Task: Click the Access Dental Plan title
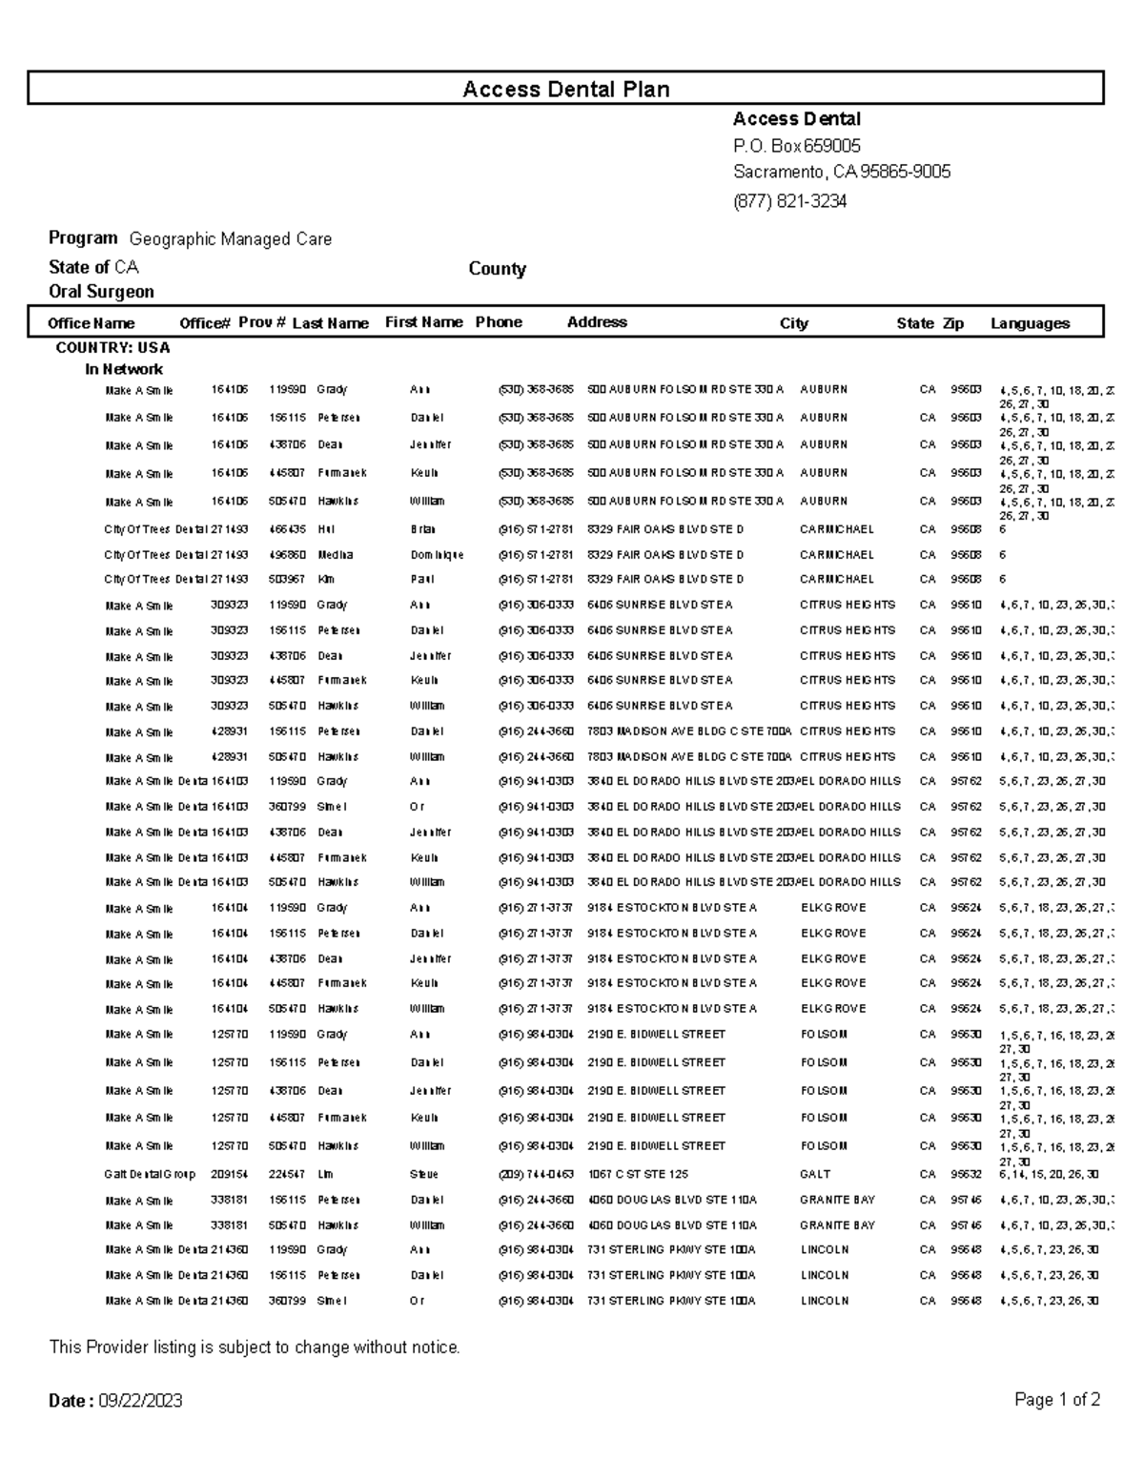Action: point(565,89)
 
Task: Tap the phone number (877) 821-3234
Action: point(789,201)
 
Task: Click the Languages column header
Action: point(1030,323)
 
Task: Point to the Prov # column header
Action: point(262,322)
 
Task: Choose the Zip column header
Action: point(953,323)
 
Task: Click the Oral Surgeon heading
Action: point(101,292)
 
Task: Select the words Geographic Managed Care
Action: point(231,239)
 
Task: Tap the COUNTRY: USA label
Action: point(112,348)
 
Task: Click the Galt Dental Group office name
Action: point(150,1175)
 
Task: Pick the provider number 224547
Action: point(286,1175)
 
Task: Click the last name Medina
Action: point(335,555)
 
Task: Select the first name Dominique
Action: point(437,555)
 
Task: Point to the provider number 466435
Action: point(286,529)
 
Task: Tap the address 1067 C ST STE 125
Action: point(637,1175)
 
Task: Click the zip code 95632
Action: point(966,1175)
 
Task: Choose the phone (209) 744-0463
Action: point(536,1175)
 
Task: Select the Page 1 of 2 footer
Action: point(1057,1400)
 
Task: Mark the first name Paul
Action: point(421,580)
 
